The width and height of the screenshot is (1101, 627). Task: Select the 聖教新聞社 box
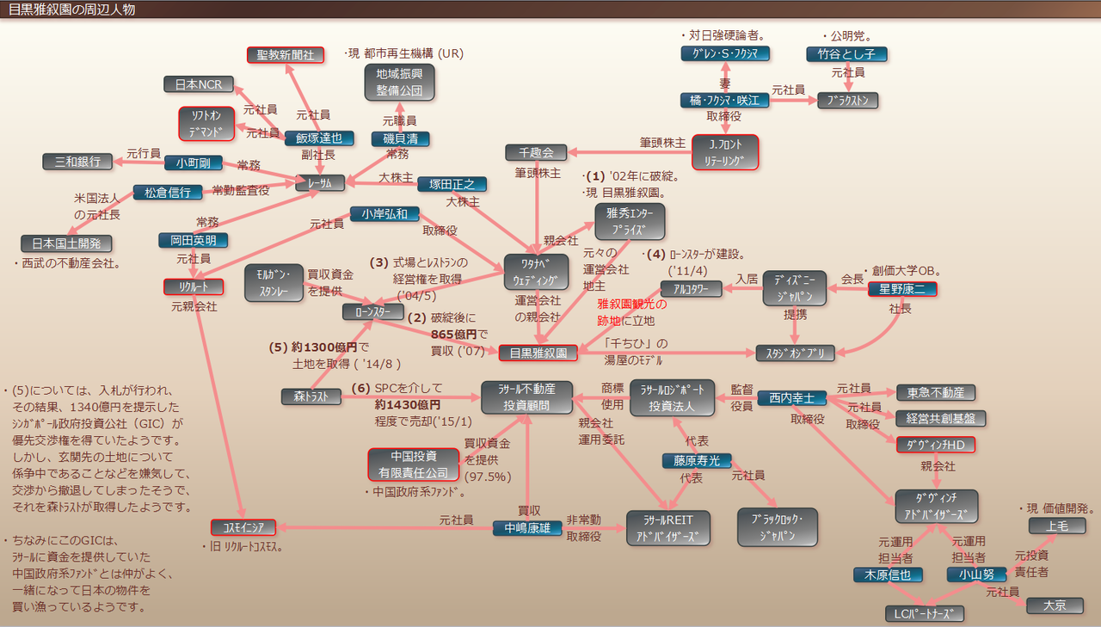coord(286,54)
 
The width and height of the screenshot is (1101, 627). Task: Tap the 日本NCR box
coord(199,84)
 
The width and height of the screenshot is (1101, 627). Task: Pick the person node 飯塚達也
coord(319,138)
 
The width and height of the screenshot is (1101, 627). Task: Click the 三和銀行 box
coord(77,161)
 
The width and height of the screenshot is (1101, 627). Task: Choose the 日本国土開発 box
coord(66,243)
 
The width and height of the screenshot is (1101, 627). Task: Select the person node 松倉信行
coord(168,193)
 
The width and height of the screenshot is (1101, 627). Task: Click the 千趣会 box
coord(536,153)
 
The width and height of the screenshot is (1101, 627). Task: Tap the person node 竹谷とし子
coord(846,54)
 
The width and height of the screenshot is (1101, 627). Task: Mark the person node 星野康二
coord(902,289)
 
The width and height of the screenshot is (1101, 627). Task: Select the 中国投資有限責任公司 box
coord(414,464)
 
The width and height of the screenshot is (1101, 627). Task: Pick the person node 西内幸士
coord(791,398)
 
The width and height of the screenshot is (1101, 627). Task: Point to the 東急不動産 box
coord(935,392)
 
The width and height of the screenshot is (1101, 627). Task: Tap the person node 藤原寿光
coord(697,460)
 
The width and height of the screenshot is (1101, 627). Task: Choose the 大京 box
coord(1055,605)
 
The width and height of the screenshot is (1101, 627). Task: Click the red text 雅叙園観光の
coord(632,304)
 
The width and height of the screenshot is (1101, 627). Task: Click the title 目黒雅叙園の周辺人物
coord(71,9)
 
